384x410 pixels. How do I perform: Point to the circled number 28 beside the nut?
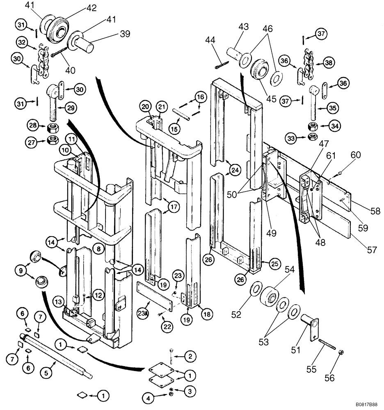tap(33, 125)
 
